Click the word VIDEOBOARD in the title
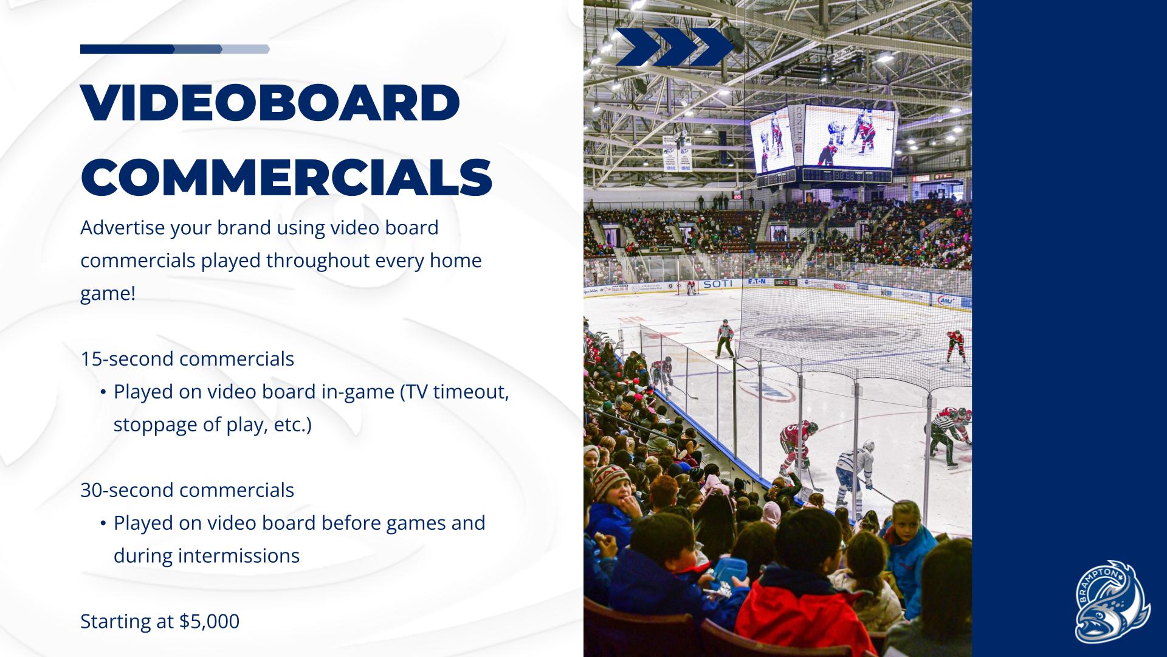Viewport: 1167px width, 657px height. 270,103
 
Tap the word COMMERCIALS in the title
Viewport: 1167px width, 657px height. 286,177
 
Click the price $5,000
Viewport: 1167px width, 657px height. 209,621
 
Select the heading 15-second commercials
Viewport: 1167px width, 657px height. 187,359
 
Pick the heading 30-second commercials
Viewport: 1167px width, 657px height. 187,490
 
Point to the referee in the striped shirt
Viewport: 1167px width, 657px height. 725,338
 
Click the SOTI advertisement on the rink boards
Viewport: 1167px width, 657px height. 717,284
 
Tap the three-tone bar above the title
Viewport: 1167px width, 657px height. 175,49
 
